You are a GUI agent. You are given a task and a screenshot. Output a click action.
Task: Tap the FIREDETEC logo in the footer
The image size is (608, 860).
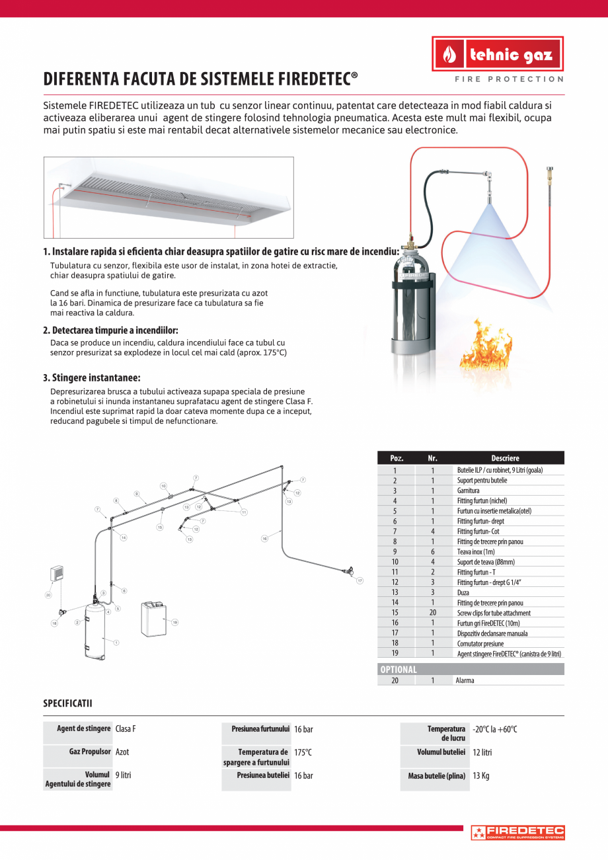[x=517, y=832]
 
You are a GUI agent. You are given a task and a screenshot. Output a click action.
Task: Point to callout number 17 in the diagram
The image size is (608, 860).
[x=360, y=581]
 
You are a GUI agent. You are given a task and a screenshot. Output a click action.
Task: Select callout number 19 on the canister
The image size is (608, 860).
[x=175, y=622]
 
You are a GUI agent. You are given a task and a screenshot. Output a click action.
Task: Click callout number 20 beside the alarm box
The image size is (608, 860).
[x=48, y=595]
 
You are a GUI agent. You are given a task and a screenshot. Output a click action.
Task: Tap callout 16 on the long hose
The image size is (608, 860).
[x=264, y=539]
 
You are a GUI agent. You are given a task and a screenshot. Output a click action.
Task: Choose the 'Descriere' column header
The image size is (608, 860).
[x=505, y=458]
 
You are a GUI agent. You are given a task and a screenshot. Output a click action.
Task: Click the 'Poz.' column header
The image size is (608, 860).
[x=397, y=458]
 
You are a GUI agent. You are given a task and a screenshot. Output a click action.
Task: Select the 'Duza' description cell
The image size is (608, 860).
[x=464, y=592]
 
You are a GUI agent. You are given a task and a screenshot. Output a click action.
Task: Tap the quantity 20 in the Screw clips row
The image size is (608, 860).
[x=432, y=613]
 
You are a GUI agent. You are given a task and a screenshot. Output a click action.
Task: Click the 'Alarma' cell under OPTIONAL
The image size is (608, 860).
[x=465, y=680]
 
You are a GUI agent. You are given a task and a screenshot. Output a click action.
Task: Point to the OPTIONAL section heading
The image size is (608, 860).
[x=399, y=669]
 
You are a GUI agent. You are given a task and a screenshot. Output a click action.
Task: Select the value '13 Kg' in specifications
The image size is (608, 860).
[x=480, y=776]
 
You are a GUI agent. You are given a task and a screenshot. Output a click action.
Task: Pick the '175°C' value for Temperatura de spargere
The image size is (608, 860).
[x=303, y=752]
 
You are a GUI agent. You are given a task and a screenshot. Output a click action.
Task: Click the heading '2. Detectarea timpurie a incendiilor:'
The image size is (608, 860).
[x=110, y=330]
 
